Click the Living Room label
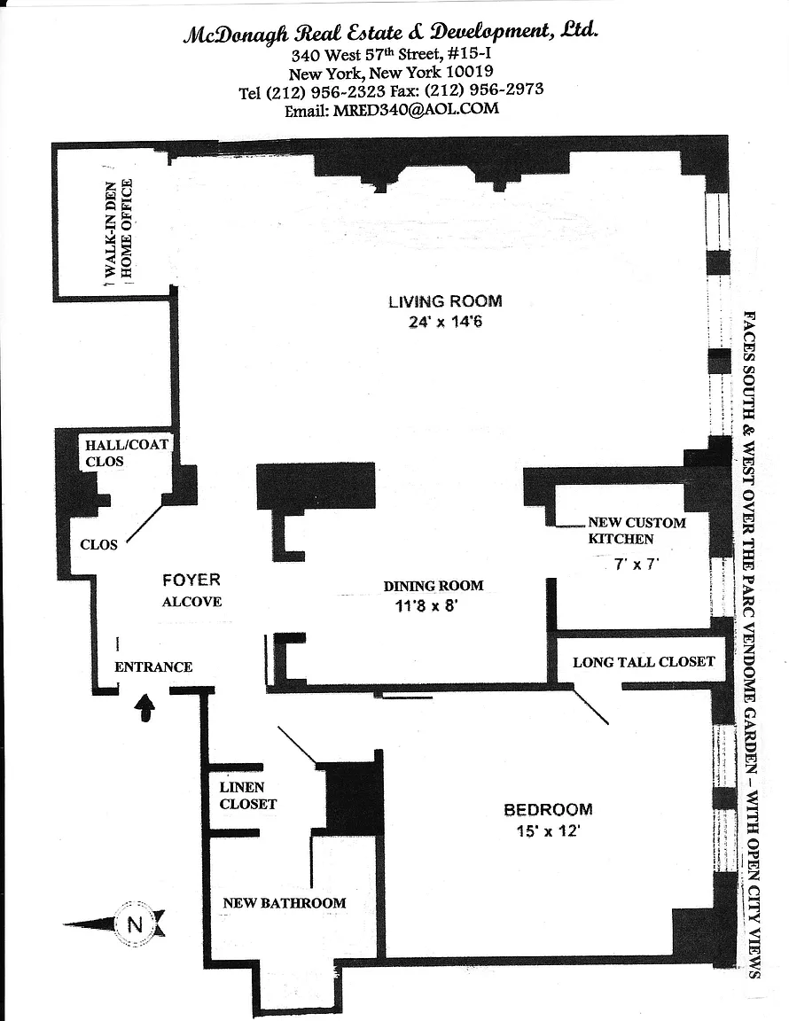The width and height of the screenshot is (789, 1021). [x=445, y=300]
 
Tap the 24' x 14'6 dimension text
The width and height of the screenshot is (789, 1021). [x=445, y=323]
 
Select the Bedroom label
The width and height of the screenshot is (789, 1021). [x=548, y=809]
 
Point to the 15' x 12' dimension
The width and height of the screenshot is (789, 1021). [x=548, y=831]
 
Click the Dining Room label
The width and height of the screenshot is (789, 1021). [x=434, y=586]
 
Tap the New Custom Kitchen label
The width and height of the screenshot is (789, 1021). [x=637, y=530]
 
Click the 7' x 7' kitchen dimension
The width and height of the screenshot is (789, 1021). [x=638, y=564]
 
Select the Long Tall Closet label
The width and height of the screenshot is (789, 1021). [x=643, y=662]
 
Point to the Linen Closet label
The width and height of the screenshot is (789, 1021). [x=248, y=795]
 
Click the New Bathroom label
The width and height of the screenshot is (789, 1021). [x=284, y=903]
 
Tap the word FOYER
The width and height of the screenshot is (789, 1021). [x=191, y=581]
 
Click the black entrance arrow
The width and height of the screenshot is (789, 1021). [x=148, y=707]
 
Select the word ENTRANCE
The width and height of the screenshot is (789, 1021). [x=153, y=667]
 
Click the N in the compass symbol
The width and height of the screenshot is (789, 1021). [x=135, y=924]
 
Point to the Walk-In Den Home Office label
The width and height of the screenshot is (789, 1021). [x=119, y=230]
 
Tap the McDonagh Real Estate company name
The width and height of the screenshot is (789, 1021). [x=391, y=33]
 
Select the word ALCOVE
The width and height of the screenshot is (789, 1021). [x=191, y=602]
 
